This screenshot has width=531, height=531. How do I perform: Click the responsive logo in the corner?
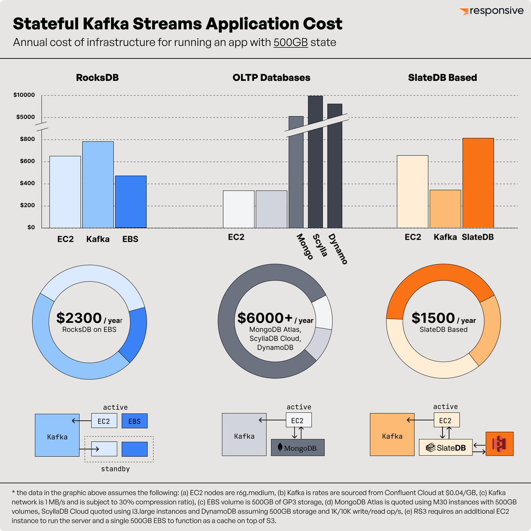tap(491, 11)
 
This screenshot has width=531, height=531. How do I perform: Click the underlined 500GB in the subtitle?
tap(290, 42)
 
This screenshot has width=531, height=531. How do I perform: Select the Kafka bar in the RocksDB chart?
tap(98, 185)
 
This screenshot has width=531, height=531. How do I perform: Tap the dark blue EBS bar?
tap(131, 202)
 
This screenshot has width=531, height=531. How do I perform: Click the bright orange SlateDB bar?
tap(478, 183)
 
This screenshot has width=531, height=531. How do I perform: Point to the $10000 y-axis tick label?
tap(24, 95)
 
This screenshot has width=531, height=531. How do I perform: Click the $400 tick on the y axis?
tap(27, 183)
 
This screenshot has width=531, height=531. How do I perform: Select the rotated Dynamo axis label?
tap(338, 249)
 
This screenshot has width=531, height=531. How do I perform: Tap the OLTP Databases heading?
tap(271, 78)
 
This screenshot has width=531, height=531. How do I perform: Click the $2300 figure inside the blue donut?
tap(79, 318)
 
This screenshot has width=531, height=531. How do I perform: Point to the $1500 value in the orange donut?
tap(433, 318)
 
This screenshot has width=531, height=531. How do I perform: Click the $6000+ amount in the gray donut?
tap(265, 318)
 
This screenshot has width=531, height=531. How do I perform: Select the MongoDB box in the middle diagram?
tap(297, 448)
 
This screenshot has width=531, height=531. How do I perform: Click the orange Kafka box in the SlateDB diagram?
tap(392, 435)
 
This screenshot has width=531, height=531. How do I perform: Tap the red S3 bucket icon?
tap(500, 444)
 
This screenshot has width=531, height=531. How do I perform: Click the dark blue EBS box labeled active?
tap(135, 421)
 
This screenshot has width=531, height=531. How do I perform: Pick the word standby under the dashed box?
tap(115, 469)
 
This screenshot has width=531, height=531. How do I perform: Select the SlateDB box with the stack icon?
tap(446, 448)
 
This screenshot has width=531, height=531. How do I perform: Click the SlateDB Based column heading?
tap(442, 78)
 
